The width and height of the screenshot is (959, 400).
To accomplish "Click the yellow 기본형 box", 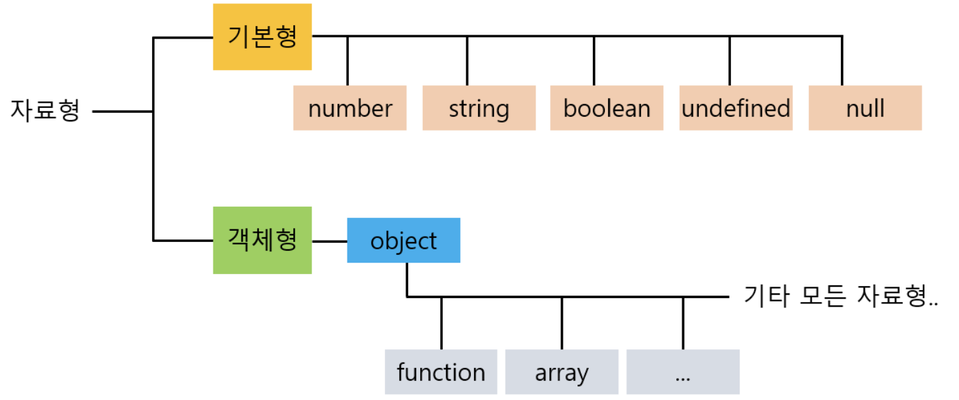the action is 262,37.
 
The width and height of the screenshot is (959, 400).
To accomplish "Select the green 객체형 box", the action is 262,240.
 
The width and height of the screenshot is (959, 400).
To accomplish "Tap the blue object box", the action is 403,240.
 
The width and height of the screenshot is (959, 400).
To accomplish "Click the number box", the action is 349,108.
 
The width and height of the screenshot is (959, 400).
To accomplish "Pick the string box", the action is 479,108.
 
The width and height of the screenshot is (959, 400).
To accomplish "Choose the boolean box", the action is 606,108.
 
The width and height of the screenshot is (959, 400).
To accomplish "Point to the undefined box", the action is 736,108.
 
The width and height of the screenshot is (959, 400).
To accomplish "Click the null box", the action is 865,108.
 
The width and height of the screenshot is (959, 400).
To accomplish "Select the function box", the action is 441,372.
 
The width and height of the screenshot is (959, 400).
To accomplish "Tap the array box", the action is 562,372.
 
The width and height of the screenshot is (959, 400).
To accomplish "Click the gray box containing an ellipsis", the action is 682,372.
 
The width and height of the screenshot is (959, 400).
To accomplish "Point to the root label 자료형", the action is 45,110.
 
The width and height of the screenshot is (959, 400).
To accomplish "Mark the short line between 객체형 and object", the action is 329,241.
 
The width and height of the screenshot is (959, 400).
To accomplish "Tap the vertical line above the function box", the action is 441,323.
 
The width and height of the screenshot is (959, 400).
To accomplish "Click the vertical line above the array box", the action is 562,323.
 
